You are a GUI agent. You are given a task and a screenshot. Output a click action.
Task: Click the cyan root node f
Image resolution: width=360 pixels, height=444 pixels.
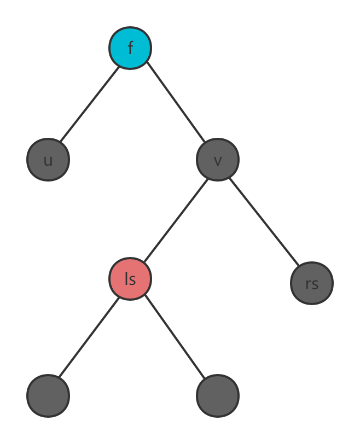pyautogui.click(x=130, y=48)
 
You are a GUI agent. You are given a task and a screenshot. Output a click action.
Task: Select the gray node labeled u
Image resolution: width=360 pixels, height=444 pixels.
pyautogui.click(x=48, y=160)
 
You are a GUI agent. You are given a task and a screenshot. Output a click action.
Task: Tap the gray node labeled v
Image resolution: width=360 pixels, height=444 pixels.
pyautogui.click(x=218, y=160)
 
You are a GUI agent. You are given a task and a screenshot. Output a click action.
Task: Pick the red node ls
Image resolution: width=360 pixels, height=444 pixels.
pyautogui.click(x=130, y=279)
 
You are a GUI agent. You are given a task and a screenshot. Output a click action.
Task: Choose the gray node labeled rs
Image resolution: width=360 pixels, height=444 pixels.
pyautogui.click(x=312, y=283)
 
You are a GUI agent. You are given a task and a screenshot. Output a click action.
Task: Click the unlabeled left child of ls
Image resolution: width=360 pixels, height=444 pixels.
pyautogui.click(x=48, y=395)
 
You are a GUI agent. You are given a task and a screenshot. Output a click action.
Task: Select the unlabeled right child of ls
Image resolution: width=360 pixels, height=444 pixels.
pyautogui.click(x=218, y=395)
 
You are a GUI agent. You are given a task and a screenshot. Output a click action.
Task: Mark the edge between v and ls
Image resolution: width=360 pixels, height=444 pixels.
pyautogui.click(x=175, y=218)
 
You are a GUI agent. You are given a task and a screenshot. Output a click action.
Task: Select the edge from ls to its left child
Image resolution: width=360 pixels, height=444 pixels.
pyautogui.click(x=89, y=337)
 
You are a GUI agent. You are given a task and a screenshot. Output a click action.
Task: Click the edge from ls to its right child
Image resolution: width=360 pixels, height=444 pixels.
pyautogui.click(x=175, y=338)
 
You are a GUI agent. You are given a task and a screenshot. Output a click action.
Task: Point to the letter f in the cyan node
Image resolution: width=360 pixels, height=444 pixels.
pyautogui.click(x=130, y=48)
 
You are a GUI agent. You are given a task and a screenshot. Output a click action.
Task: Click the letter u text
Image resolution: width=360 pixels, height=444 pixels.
pyautogui.click(x=48, y=160)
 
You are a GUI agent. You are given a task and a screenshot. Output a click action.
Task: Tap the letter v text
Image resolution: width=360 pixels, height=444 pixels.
pyautogui.click(x=218, y=160)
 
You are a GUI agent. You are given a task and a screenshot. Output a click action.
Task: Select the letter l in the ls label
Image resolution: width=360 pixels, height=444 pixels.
pyautogui.click(x=126, y=278)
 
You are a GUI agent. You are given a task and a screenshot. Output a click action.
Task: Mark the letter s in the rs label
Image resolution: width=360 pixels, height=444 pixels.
pyautogui.click(x=315, y=284)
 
